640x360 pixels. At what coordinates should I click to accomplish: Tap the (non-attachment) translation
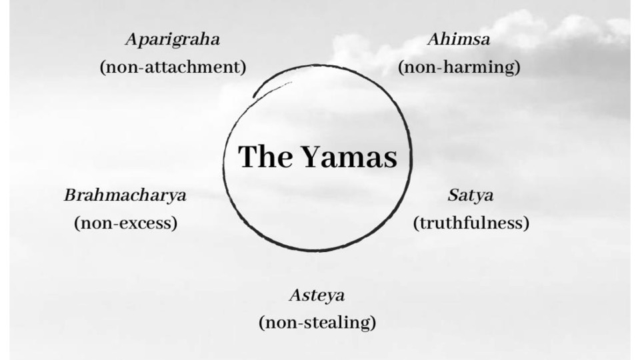[173, 67]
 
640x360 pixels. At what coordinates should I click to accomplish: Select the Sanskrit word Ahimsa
[459, 39]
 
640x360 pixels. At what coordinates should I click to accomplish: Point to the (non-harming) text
[459, 67]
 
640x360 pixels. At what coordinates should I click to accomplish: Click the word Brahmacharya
[125, 196]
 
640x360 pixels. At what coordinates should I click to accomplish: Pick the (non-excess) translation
[126, 223]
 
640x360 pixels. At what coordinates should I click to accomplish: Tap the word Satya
[471, 196]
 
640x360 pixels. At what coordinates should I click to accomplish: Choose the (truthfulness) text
[471, 223]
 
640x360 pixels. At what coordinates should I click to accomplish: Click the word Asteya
[317, 295]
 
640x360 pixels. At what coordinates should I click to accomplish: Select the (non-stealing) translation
[317, 323]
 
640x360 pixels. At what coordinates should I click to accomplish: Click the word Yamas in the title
[349, 157]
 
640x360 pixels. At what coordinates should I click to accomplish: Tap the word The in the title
[265, 156]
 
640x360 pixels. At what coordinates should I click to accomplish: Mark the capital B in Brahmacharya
[72, 195]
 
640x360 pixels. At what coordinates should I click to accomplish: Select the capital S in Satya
[454, 195]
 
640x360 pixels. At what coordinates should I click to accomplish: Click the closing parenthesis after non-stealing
[373, 323]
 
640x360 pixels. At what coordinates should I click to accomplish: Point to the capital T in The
[248, 156]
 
